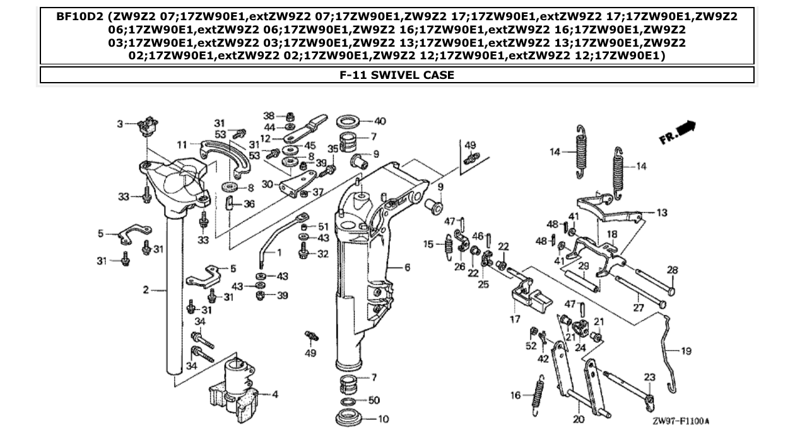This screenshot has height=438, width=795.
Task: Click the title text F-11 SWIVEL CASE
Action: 397,75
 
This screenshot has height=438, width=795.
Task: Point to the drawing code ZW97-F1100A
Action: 680,420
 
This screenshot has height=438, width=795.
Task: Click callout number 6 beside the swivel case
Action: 407,268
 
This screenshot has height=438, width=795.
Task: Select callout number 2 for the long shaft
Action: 145,290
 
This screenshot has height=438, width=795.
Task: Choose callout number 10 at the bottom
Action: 384,418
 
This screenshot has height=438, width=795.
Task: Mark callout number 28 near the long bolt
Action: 673,270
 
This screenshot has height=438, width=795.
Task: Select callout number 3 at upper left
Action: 121,124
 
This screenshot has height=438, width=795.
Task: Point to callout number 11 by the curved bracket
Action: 182,145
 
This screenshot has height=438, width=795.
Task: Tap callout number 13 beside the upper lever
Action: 661,213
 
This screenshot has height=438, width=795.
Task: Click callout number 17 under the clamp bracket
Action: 515,319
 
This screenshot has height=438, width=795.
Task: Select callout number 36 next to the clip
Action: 249,204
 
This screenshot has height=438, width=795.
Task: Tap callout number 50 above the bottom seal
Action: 374,401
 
